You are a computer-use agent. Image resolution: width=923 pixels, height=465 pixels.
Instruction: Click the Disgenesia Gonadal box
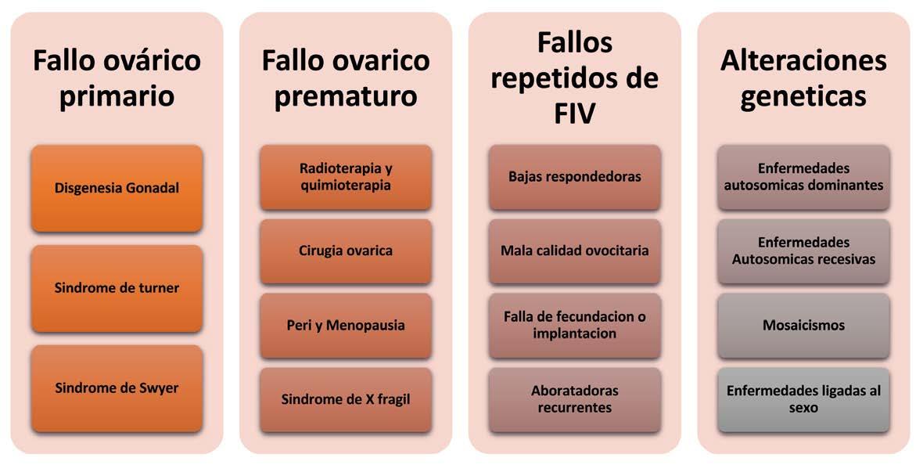pos(117,188)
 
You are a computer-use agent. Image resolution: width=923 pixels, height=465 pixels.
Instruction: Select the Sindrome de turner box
pos(117,288)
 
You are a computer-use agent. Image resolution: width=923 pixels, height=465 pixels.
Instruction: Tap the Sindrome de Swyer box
pos(117,388)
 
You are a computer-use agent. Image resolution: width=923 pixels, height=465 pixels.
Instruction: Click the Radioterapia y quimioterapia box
pos(345,177)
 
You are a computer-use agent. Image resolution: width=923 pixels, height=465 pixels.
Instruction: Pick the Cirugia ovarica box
pos(345,251)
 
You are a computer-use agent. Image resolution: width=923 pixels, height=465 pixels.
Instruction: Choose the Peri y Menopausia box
pos(345,325)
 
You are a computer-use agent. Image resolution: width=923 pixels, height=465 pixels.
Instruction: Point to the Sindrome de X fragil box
pos(345,399)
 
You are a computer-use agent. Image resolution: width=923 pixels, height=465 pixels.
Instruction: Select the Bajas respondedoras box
pos(574,177)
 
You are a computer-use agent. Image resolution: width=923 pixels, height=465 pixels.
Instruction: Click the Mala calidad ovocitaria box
pos(574,251)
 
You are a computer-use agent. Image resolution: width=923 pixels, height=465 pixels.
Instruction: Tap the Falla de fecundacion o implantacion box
pos(574,325)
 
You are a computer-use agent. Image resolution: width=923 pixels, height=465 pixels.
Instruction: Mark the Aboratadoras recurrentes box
pos(574,399)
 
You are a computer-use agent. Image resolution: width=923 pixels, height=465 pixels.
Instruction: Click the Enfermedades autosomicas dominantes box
pos(803,177)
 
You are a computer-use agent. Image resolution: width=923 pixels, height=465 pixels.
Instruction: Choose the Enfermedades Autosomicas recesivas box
pos(803,251)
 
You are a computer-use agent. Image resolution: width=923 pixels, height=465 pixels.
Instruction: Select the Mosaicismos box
pos(803,325)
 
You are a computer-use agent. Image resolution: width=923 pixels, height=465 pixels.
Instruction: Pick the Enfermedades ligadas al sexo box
pos(803,399)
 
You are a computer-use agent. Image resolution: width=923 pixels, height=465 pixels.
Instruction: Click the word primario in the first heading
pos(117,97)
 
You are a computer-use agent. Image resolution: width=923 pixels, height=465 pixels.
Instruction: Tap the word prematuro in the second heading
pos(345,97)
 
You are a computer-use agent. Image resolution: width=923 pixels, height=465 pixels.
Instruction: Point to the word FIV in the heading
pos(574,115)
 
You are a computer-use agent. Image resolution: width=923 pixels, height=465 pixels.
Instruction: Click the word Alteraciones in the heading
pos(803,61)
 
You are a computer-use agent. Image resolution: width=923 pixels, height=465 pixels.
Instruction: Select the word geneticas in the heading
pos(803,97)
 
